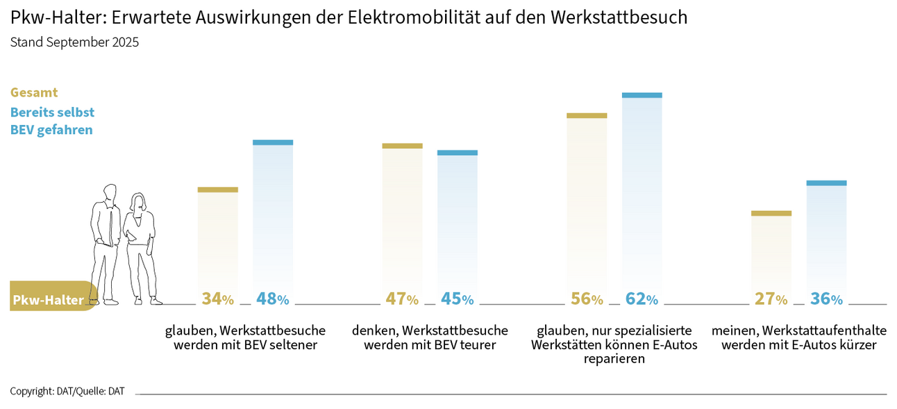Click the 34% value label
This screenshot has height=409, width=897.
point(217,299)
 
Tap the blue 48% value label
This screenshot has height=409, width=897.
point(272,299)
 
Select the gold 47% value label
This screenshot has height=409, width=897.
point(402,299)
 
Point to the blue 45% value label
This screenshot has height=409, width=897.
point(457,299)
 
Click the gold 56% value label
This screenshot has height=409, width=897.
point(587,299)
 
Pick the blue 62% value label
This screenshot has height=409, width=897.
point(642,299)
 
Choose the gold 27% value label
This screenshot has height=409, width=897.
point(771,299)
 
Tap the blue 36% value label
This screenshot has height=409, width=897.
point(826,299)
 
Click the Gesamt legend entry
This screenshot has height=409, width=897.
point(34,92)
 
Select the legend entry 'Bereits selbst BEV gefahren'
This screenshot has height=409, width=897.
point(52,121)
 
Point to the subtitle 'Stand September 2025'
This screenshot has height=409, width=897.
point(74,42)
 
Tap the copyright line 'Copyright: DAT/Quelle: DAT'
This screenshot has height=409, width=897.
point(67,391)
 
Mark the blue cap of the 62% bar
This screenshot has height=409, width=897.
point(642,95)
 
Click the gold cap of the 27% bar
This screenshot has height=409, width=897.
point(771,213)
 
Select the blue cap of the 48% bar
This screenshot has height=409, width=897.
point(272,142)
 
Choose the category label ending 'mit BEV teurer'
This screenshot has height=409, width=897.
point(430,337)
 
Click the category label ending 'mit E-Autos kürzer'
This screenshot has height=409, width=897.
point(798,337)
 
